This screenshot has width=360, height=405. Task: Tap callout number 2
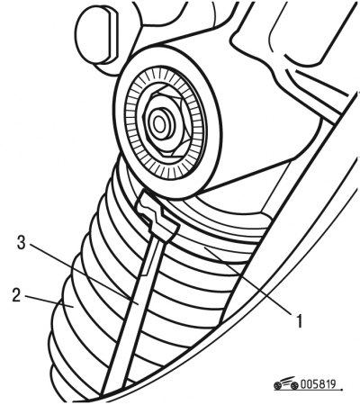[16, 295]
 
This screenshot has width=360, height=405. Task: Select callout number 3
[21, 242]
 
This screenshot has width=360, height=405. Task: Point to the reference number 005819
[318, 384]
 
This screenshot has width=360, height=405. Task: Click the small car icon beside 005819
[286, 383]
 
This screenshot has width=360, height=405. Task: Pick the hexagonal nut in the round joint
[165, 121]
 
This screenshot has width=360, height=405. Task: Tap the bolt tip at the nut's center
[159, 122]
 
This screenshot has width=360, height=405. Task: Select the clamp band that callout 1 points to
[210, 250]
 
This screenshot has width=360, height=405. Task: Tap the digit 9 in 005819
[332, 384]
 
